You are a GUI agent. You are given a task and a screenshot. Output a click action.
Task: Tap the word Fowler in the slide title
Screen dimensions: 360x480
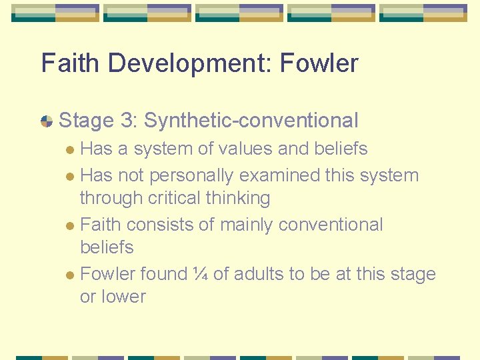click(319, 63)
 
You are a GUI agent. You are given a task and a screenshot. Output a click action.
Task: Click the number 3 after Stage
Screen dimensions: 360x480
click(127, 121)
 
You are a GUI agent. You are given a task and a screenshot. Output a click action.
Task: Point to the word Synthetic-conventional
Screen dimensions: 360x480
click(251, 121)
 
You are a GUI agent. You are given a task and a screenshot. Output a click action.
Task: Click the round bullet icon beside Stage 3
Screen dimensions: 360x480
click(47, 121)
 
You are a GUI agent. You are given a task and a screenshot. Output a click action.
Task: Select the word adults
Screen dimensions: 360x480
click(260, 274)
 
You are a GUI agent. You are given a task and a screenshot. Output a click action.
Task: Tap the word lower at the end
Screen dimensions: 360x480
click(123, 297)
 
